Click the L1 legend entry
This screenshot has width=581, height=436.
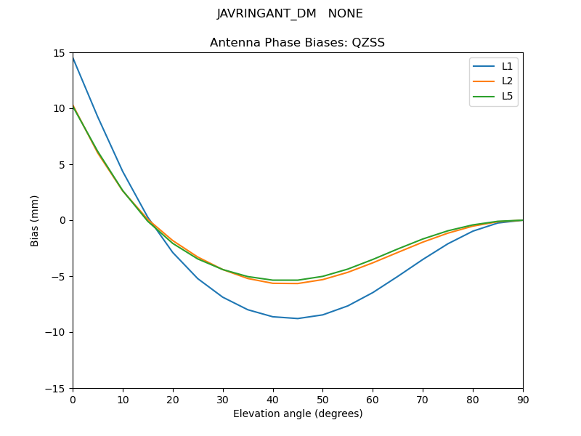coord(507,66)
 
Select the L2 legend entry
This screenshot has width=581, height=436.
coord(507,81)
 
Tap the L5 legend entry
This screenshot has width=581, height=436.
coord(507,96)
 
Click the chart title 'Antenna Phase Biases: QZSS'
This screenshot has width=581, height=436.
coord(297,43)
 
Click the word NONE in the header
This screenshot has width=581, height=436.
coord(346,14)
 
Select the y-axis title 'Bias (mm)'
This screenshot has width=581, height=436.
coord(35,220)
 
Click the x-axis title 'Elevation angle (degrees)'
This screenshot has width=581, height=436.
coord(298,413)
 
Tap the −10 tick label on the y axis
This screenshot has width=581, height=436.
coord(55,332)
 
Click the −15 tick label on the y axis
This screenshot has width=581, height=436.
coord(55,388)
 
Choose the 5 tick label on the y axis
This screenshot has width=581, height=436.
coord(62,164)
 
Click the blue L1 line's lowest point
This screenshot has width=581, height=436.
coord(298,318)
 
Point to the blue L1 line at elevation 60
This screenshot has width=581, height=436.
coord(373,293)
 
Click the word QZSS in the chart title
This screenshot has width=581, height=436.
coord(368,43)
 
